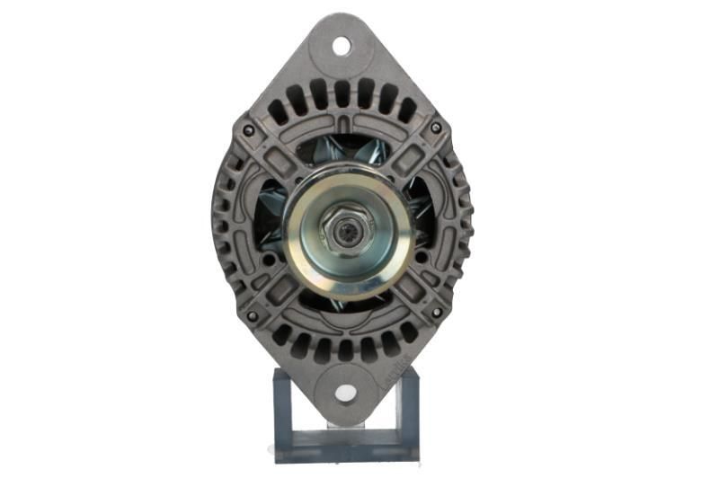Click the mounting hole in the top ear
click(342, 44)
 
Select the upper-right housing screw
click(436, 128)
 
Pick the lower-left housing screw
click(252, 315)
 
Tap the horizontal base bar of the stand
click(346, 444)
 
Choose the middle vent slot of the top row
click(342, 93)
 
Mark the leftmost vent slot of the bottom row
click(280, 333)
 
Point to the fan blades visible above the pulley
click(346, 153)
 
